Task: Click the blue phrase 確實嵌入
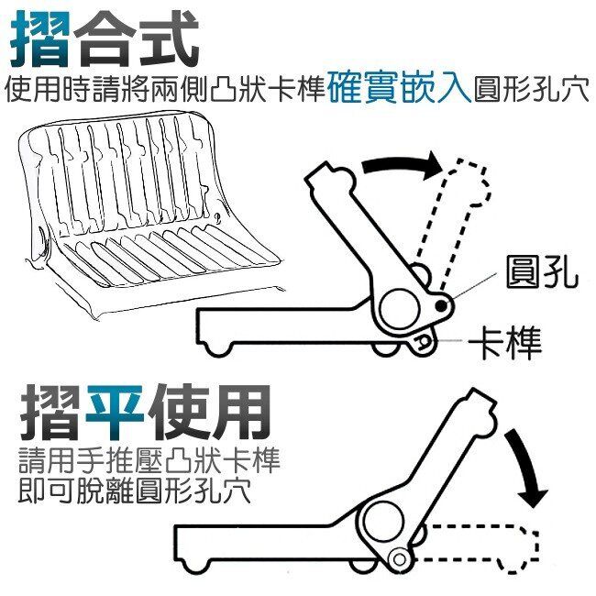399,90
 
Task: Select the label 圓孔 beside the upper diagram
542,271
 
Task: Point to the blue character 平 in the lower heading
115,414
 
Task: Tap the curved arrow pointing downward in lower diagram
527,468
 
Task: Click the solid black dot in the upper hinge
441,304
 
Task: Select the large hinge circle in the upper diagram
399,309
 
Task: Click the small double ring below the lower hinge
399,559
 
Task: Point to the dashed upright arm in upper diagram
456,225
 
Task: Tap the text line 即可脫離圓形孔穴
135,491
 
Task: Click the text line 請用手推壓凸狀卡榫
149,460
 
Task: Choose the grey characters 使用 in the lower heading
208,414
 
